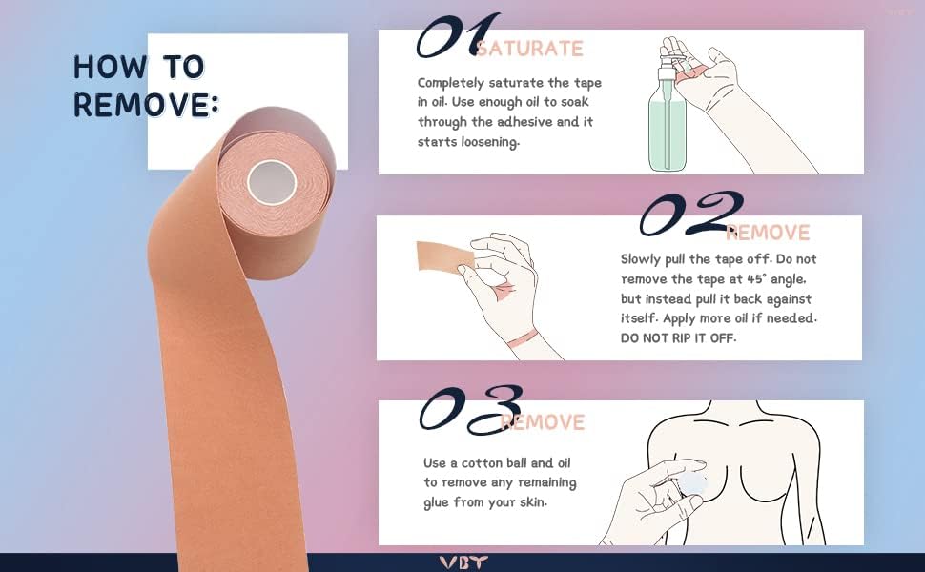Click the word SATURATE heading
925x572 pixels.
coord(529,49)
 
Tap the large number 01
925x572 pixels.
coord(458,35)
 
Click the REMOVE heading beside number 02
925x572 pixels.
coord(768,233)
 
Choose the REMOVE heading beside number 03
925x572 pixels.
coord(543,422)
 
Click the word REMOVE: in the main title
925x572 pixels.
coord(146,105)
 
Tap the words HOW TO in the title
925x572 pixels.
coord(138,67)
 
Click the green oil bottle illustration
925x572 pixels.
coord(668,133)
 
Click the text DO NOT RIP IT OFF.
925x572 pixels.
coord(678,337)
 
